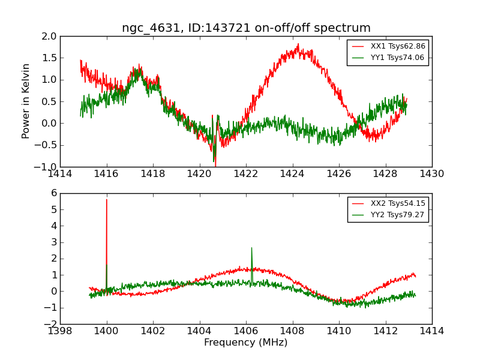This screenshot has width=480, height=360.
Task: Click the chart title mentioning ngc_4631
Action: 246,28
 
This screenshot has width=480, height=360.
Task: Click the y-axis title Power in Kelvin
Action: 26,101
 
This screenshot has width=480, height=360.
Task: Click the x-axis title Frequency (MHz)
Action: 245,343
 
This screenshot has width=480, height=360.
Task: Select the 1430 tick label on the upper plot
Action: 431,174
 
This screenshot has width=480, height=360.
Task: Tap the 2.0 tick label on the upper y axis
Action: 49,37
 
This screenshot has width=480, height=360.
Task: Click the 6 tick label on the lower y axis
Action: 53,193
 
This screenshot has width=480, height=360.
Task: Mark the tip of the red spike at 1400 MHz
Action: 107,199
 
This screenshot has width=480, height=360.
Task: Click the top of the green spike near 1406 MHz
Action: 251,248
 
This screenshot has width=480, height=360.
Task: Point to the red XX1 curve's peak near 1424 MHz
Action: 298,44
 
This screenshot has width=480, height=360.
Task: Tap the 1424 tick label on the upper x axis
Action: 292,174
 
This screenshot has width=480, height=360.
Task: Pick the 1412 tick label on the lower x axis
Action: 385,331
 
